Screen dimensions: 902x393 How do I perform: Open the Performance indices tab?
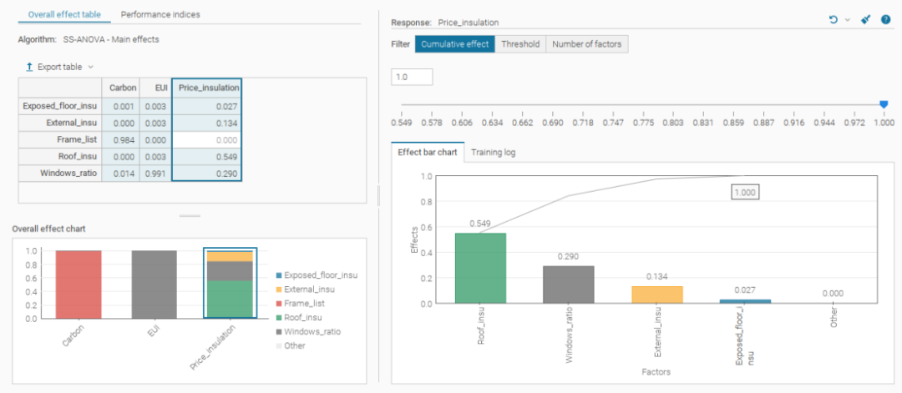[x=160, y=14]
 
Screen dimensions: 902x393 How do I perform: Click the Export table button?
[x=59, y=68]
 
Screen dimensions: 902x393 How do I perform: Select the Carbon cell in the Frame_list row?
[x=120, y=139]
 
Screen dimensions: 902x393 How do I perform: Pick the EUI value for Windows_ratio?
[x=155, y=173]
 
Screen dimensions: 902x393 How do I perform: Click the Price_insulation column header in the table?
[x=206, y=88]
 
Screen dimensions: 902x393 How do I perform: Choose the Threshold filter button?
[x=520, y=44]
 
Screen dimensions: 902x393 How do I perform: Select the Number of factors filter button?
[x=587, y=44]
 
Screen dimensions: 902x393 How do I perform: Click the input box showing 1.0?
[x=411, y=77]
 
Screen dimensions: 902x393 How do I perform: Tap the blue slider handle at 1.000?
[x=884, y=104]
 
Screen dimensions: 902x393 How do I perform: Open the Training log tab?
[x=493, y=152]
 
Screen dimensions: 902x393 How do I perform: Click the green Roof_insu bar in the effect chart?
[x=480, y=268]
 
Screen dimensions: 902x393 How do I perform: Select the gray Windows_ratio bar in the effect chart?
[x=569, y=285]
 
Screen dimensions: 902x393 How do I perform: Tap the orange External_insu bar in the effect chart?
[x=657, y=295]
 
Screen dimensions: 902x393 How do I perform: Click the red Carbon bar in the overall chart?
[x=79, y=284]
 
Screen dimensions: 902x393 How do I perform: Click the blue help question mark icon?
[x=886, y=20]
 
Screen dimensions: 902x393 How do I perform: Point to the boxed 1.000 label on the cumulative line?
[x=745, y=193]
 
